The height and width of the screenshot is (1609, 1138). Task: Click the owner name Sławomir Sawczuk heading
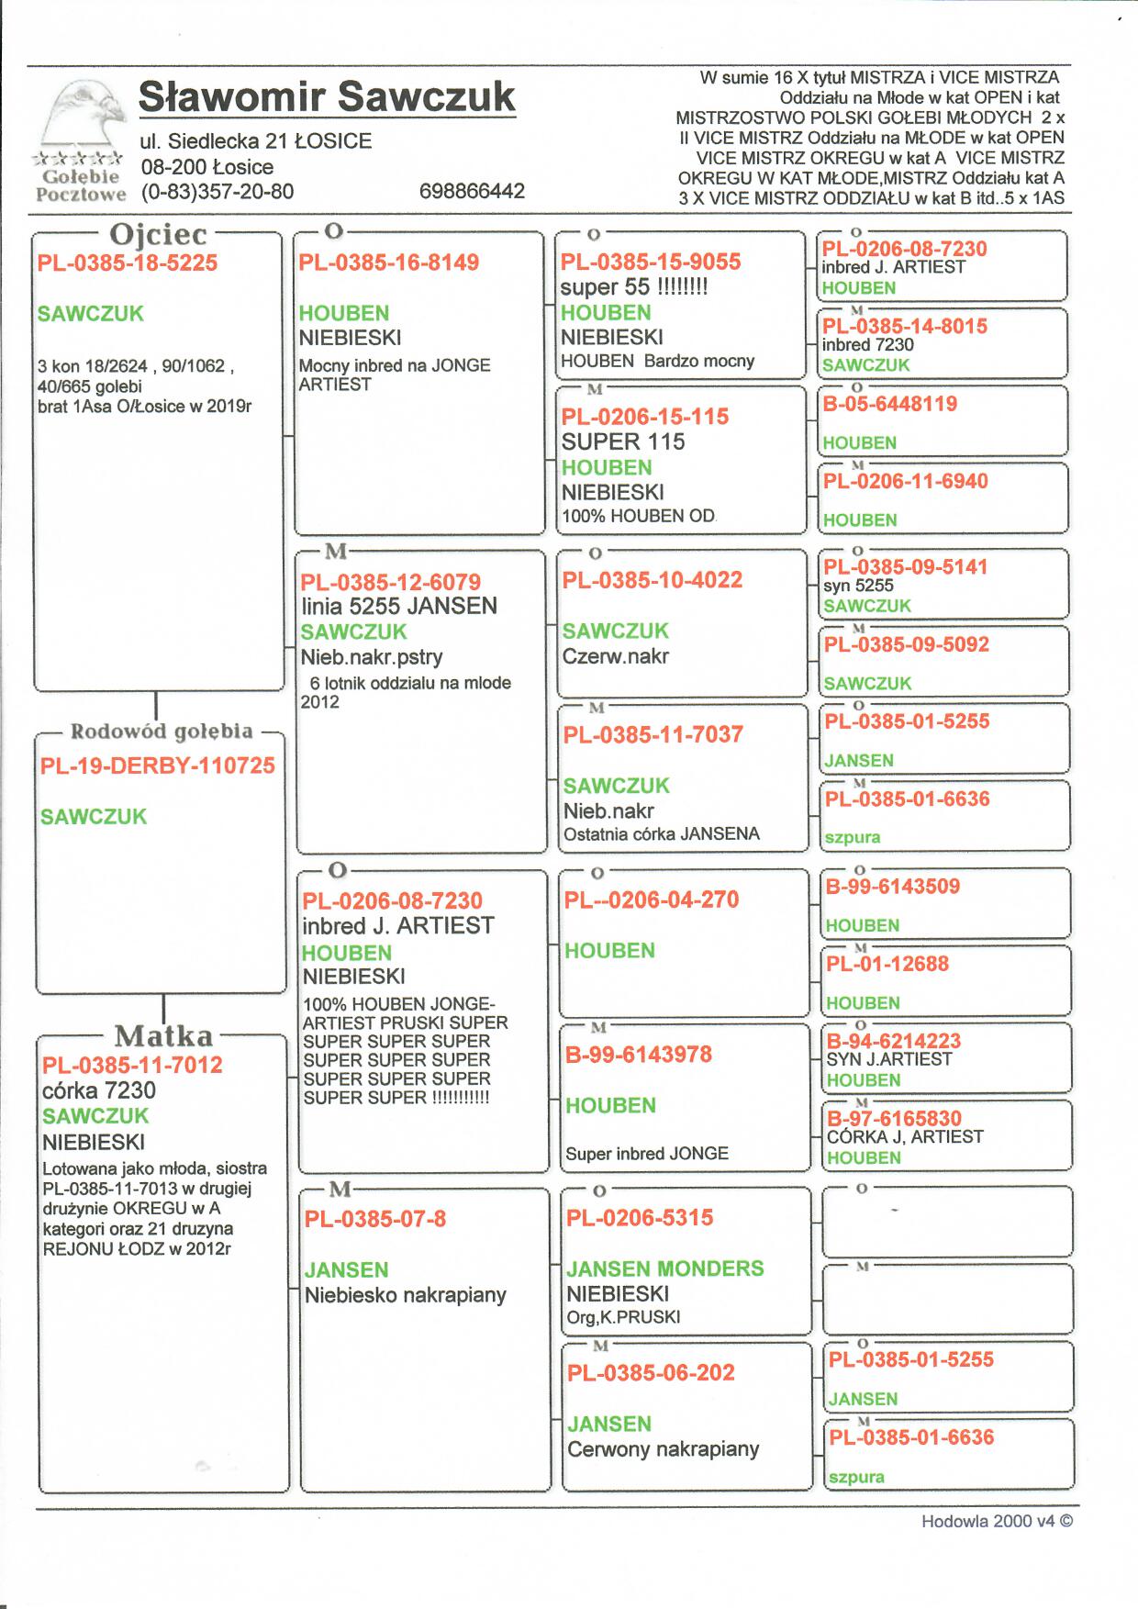[327, 97]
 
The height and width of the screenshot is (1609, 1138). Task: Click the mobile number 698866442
[472, 191]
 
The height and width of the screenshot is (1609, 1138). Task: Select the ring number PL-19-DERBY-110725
[158, 765]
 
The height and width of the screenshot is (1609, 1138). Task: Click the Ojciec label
[158, 234]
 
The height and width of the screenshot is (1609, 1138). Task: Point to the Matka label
[163, 1036]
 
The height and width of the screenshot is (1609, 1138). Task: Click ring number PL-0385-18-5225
[128, 263]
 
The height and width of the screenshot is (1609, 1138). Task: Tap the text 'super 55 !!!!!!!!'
[634, 287]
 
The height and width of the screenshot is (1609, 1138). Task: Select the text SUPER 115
[623, 441]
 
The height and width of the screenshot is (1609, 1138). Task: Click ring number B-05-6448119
[890, 404]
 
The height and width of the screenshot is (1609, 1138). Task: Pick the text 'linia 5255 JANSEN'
[399, 606]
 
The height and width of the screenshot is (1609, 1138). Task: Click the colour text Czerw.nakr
[616, 656]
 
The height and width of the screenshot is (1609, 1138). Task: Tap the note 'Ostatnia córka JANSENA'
[662, 834]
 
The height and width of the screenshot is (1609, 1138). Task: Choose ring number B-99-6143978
[639, 1055]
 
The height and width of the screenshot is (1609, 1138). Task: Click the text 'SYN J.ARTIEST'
[889, 1059]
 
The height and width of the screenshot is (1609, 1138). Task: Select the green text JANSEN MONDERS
[665, 1268]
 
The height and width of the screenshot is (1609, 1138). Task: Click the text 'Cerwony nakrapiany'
[664, 1449]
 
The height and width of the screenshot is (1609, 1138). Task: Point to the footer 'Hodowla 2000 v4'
[997, 1521]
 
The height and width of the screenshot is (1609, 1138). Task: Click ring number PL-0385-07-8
[375, 1219]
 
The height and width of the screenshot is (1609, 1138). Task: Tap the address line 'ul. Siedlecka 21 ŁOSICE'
[256, 141]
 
